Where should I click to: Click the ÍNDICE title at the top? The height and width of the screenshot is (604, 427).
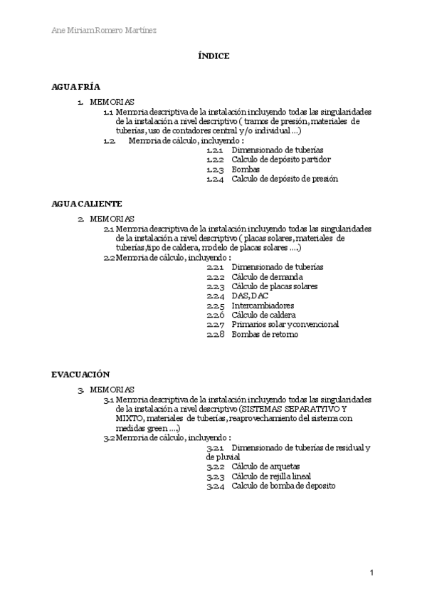pos(213,56)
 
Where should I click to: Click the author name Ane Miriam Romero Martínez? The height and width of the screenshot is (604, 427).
pos(105,30)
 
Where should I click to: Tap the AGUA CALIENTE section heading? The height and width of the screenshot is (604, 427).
pos(87,203)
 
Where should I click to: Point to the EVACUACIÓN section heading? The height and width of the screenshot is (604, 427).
pos(80,373)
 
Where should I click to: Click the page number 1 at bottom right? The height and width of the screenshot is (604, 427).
pos(372,572)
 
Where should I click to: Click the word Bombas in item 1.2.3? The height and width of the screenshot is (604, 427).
pos(246,170)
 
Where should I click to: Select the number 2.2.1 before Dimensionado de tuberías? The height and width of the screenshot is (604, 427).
pos(216,267)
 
